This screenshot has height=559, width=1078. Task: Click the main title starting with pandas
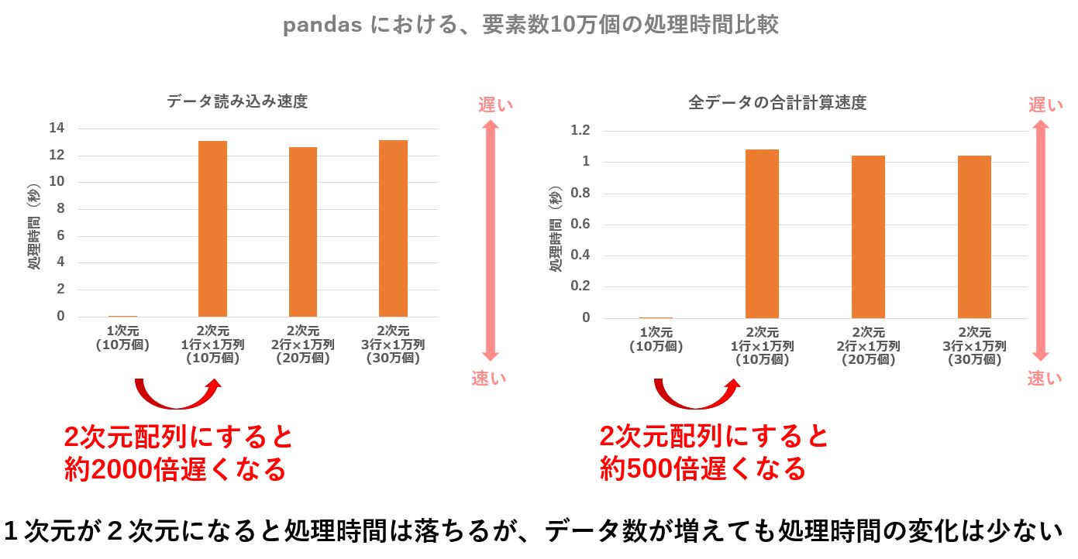530,26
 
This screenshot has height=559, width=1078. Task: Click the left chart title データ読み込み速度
237,101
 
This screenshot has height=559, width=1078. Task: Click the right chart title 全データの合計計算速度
777,102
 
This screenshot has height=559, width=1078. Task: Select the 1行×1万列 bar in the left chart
212,228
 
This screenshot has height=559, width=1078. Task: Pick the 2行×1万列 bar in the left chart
302,231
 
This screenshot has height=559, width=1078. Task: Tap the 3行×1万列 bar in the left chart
393,228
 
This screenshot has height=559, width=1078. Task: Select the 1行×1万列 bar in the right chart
762,233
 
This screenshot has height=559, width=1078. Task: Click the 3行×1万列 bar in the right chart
974,236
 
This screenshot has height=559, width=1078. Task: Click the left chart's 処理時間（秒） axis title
35,229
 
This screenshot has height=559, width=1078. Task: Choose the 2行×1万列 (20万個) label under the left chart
302,345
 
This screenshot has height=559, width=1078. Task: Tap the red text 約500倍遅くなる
703,468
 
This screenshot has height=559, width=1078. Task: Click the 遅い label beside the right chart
1045,105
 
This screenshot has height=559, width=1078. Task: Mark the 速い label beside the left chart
489,379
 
